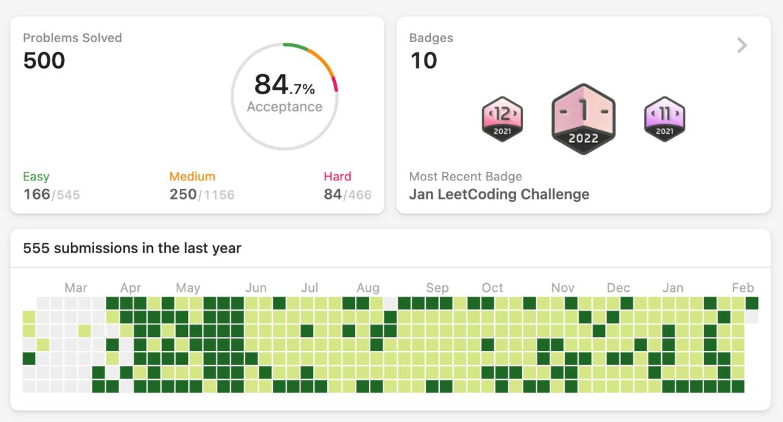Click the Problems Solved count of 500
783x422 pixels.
click(x=44, y=61)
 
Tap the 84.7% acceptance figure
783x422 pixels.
click(x=284, y=84)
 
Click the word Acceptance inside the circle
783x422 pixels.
click(x=284, y=106)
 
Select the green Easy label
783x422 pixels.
click(x=36, y=176)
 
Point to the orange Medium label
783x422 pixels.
click(x=192, y=176)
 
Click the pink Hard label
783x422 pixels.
click(x=337, y=176)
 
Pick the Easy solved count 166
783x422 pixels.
click(x=37, y=194)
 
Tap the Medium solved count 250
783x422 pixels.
click(x=183, y=194)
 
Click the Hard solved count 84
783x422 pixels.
click(x=333, y=194)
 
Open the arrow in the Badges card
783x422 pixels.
click(x=742, y=45)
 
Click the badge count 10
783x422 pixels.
click(x=424, y=61)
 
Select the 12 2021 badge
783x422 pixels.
click(x=502, y=119)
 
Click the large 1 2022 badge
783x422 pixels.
click(x=584, y=119)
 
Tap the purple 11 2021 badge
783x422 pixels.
click(x=664, y=119)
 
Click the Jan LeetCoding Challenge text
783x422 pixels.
click(x=499, y=194)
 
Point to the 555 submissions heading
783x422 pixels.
click(x=132, y=248)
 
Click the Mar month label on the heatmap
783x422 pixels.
click(x=76, y=288)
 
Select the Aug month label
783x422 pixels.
click(x=368, y=288)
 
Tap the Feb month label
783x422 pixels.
click(x=743, y=288)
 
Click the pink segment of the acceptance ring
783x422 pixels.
click(x=335, y=84)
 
